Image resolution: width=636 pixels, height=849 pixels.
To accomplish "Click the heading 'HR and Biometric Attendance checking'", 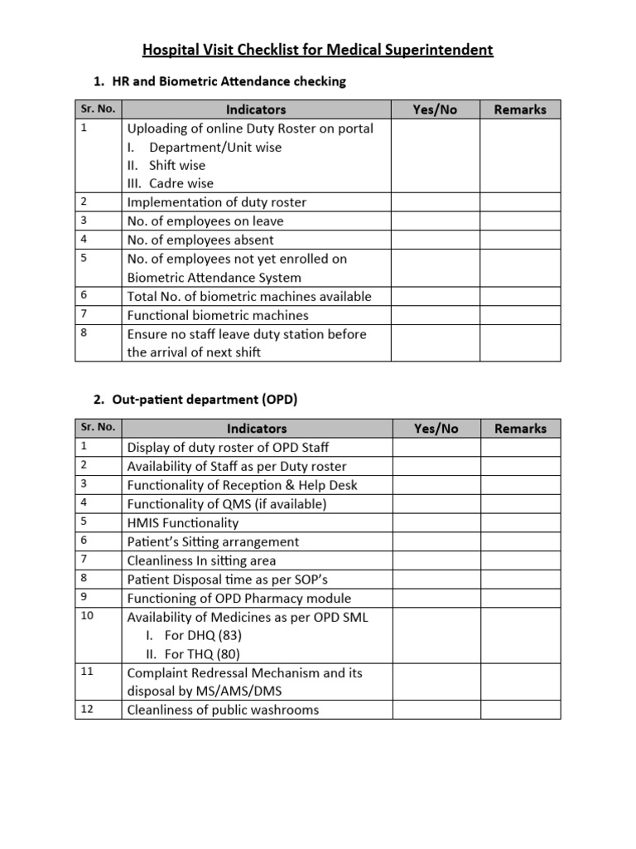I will coord(228,81).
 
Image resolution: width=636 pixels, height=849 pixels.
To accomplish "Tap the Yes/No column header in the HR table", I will coord(435,109).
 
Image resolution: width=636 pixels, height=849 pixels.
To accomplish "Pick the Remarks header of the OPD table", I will coord(520,429).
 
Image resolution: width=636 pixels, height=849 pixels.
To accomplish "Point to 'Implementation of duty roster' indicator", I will coord(216,202).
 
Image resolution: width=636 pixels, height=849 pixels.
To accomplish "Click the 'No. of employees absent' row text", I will coord(200,240).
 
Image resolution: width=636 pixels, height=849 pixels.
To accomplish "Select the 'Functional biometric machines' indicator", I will coord(217,316).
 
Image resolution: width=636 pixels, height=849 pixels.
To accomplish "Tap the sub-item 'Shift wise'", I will coord(176,165).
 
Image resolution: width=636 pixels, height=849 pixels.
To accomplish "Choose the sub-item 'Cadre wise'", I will coord(181,183).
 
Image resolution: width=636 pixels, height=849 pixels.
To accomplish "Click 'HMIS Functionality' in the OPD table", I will coord(182,523).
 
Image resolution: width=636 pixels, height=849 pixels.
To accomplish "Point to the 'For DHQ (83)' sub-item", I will coord(203,636).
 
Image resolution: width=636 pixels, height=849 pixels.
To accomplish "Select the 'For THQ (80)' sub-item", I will coord(203,654).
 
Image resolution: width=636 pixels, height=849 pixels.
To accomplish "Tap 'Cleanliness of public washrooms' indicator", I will coord(222,710).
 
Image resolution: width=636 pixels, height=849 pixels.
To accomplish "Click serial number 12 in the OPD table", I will coord(86,709).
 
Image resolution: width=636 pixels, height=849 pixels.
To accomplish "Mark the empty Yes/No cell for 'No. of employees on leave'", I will coord(435,221).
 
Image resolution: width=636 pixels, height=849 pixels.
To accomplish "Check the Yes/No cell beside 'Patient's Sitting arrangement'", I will coord(435,542).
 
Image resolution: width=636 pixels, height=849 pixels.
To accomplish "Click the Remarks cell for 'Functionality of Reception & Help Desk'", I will coord(520,486).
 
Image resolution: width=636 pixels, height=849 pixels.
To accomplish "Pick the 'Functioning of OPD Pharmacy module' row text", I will coord(238,599).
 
